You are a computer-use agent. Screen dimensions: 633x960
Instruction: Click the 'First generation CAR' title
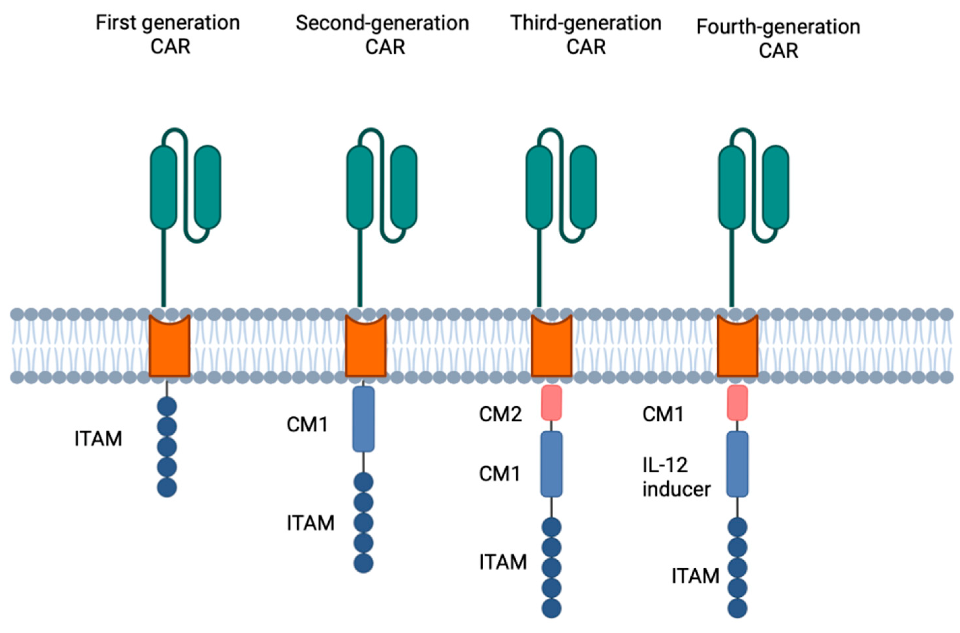168,34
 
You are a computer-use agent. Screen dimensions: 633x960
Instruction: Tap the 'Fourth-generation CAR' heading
778,38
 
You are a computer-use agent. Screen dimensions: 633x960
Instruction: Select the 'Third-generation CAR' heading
586,34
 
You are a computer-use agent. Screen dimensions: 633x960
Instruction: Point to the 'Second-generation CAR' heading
382,34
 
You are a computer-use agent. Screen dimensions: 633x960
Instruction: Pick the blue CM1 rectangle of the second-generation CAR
363,418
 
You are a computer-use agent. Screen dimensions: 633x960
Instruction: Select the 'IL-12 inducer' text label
676,477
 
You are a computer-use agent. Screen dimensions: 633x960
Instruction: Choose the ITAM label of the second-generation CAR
311,523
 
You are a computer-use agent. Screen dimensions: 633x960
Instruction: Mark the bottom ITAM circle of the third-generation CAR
552,608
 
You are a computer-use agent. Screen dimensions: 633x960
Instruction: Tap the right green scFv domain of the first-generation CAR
207,187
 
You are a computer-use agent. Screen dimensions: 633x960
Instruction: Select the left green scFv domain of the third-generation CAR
539,187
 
